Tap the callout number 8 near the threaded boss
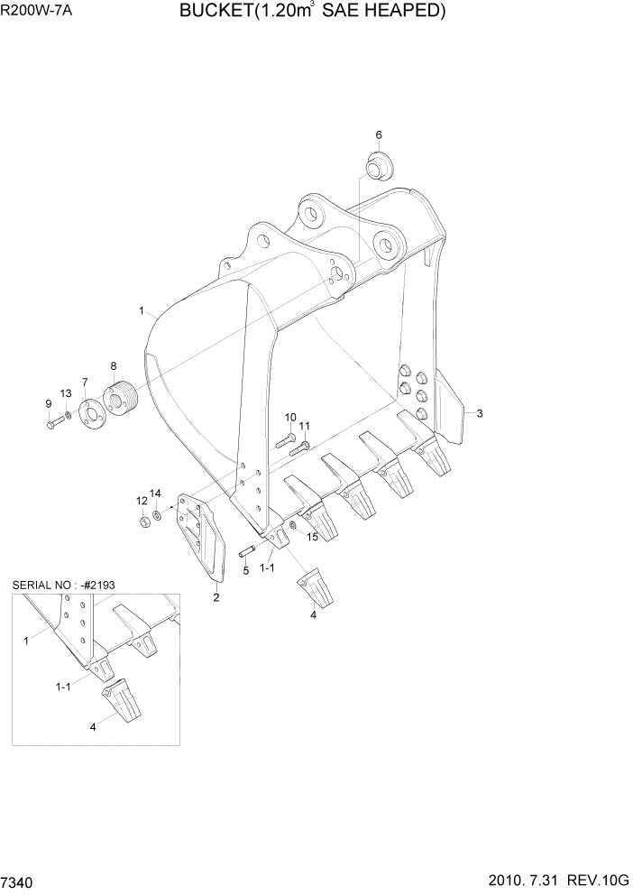(x=114, y=365)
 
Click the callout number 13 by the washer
(x=66, y=393)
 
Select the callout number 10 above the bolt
(x=290, y=417)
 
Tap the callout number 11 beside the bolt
(x=305, y=426)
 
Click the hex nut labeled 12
(x=144, y=522)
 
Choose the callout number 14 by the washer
(x=155, y=494)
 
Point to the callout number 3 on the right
(x=480, y=413)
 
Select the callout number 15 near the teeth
(x=312, y=538)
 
